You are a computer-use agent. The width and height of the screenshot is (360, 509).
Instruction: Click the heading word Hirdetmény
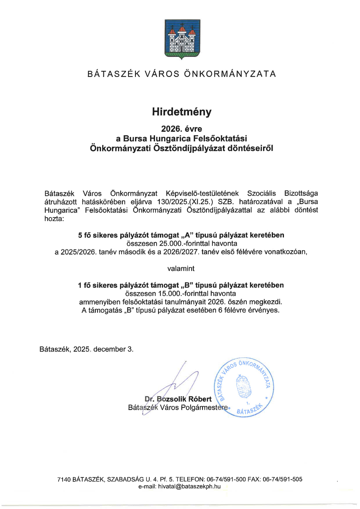click(182, 112)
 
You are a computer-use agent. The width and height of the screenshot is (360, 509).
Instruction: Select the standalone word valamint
click(181, 269)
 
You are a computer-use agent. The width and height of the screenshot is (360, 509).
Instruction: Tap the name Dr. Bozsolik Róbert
click(178, 399)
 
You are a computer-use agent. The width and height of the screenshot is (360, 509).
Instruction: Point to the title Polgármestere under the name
click(204, 408)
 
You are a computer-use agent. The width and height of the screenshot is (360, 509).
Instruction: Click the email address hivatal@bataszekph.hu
click(189, 487)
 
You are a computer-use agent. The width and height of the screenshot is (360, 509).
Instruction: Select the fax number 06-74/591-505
click(282, 479)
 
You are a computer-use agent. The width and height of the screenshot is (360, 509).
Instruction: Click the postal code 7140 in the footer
click(64, 479)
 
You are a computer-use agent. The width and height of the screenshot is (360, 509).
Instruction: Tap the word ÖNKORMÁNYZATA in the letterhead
click(230, 74)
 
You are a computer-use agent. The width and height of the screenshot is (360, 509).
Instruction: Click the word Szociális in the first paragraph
click(261, 194)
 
